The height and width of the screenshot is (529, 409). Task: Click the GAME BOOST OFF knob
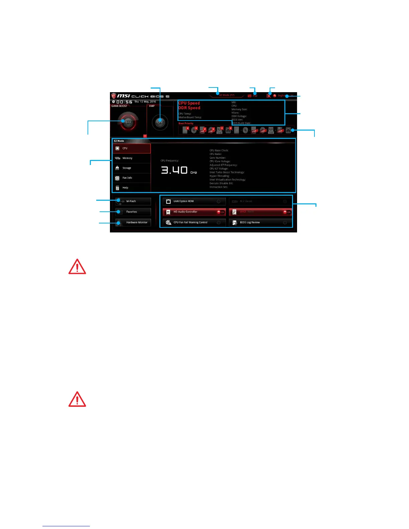[x=128, y=122]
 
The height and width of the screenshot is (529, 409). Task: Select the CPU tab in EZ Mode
[x=132, y=148]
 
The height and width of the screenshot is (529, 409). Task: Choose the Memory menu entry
[x=132, y=158]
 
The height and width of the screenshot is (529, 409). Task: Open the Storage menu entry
[x=132, y=168]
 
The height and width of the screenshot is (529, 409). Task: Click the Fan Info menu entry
[x=132, y=178]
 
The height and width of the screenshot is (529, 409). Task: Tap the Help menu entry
[x=132, y=188]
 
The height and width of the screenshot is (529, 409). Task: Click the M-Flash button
[x=133, y=201]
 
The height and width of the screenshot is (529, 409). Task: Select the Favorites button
[x=133, y=212]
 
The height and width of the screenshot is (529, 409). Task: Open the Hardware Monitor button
[x=133, y=222]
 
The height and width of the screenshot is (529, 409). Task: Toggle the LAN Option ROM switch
[x=219, y=201]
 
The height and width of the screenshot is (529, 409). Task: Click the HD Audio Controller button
[x=194, y=212]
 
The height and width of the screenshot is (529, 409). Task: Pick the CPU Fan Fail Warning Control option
[x=194, y=222]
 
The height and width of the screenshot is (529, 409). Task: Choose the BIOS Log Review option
[x=260, y=222]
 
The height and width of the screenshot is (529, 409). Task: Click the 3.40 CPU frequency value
[x=174, y=170]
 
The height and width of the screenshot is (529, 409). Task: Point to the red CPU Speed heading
[x=189, y=103]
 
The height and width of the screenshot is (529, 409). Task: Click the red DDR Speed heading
[x=189, y=108]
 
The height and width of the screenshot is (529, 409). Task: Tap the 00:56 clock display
[x=124, y=102]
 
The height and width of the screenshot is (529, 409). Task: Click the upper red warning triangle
[x=77, y=267]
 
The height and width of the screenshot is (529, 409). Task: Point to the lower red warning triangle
[x=77, y=399]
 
